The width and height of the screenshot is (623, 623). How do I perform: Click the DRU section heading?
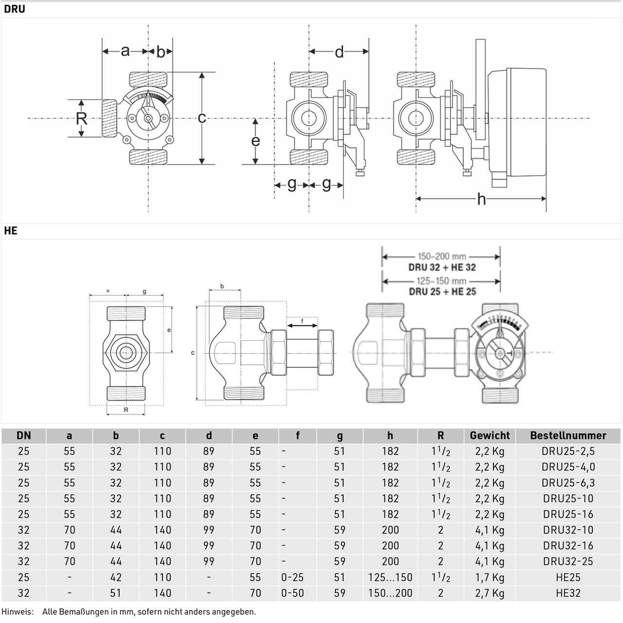pyautogui.click(x=15, y=9)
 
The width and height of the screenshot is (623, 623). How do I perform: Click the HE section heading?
pyautogui.click(x=10, y=231)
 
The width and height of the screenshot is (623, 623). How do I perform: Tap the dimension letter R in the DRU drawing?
pyautogui.click(x=81, y=119)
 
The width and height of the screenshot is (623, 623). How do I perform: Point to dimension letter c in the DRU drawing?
pyautogui.click(x=202, y=118)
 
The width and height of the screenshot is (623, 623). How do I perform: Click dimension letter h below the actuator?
pyautogui.click(x=481, y=200)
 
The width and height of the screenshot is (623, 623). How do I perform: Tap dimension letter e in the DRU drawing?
pyautogui.click(x=256, y=141)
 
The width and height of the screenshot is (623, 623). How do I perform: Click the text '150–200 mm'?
pyautogui.click(x=442, y=257)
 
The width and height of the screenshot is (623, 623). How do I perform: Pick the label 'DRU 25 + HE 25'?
pyautogui.click(x=442, y=292)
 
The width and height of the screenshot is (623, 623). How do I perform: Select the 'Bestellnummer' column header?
pyautogui.click(x=568, y=436)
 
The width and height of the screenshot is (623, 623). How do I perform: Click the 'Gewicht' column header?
pyautogui.click(x=490, y=436)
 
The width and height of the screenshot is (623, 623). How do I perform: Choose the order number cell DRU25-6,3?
pyautogui.click(x=568, y=483)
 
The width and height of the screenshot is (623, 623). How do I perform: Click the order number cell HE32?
pyautogui.click(x=568, y=593)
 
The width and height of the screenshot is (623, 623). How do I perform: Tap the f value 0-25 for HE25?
pyautogui.click(x=292, y=577)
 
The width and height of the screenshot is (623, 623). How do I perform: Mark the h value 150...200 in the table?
pyautogui.click(x=390, y=593)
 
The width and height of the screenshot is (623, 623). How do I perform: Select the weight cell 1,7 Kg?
pyautogui.click(x=490, y=577)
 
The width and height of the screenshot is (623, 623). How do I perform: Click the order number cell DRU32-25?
pyautogui.click(x=568, y=562)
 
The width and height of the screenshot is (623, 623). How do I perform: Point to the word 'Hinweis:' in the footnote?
pyautogui.click(x=18, y=612)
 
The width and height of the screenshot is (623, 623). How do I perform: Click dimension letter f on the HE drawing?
pyautogui.click(x=302, y=321)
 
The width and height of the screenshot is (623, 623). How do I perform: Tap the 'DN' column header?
pyautogui.click(x=23, y=436)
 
